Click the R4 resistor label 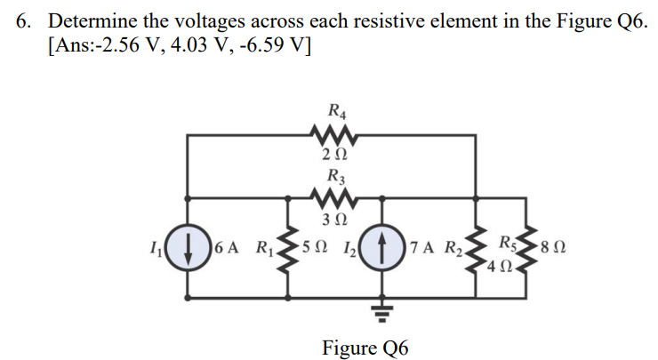[x=338, y=112]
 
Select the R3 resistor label [x=338, y=176]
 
